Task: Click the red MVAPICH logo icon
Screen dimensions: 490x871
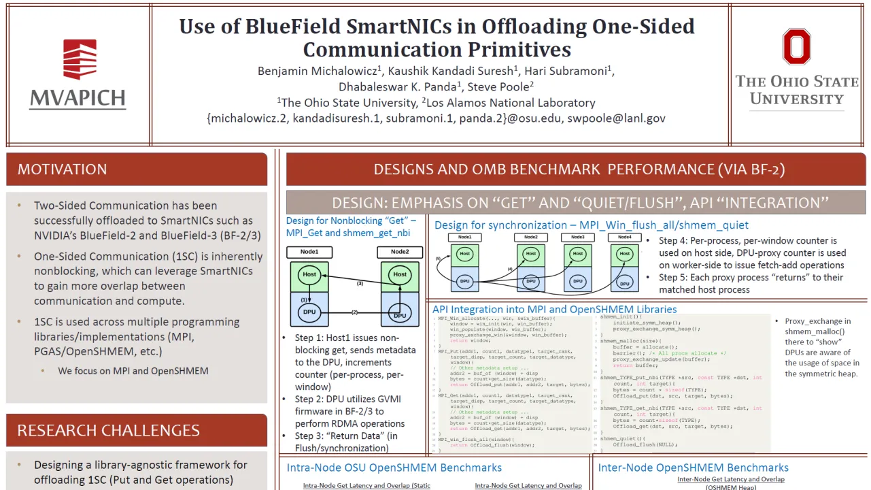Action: [80, 60]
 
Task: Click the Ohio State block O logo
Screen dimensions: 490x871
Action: [796, 46]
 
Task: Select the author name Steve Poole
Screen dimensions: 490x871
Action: [503, 86]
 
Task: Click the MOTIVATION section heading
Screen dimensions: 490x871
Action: [63, 169]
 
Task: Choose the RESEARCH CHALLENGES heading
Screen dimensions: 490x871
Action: [109, 430]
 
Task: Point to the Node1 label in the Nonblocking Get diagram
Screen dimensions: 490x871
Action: [309, 252]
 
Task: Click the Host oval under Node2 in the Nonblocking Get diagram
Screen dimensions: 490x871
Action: [400, 275]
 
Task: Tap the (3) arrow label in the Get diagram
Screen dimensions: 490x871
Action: [360, 283]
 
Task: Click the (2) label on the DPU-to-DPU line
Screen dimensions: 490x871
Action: [354, 312]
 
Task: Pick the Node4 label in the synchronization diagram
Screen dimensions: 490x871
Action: [624, 237]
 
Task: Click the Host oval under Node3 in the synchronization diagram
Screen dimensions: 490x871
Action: [577, 254]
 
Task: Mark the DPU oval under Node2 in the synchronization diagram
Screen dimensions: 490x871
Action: [530, 280]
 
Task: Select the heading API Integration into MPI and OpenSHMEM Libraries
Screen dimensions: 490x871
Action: [554, 309]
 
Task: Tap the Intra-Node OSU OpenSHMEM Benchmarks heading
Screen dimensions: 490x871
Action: [394, 468]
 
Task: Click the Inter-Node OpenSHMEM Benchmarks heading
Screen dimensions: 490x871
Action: [693, 468]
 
